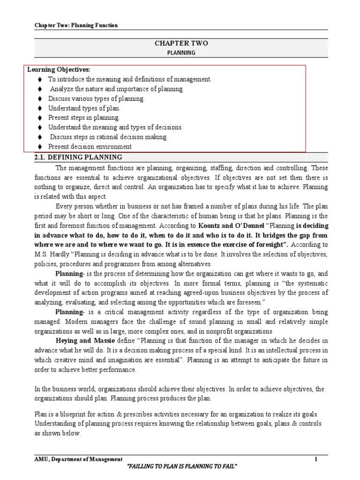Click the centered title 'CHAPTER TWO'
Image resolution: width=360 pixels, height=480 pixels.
pos(181,43)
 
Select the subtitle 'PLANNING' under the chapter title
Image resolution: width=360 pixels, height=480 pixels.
pos(181,52)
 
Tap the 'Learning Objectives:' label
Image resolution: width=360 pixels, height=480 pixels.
pos(59,70)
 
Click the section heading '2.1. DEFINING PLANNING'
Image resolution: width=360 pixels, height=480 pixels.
pos(78,157)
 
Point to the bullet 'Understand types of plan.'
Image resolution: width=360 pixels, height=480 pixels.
pos(84,108)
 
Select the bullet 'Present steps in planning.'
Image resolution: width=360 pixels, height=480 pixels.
pos(84,118)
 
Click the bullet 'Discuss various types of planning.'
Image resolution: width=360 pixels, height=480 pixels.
pos(97,99)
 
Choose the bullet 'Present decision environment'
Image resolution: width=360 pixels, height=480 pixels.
pos(90,147)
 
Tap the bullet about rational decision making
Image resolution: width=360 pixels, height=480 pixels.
pos(108,137)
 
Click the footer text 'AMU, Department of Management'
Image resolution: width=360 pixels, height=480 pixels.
pos(78,460)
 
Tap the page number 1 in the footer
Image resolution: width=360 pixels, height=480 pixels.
pos(316,460)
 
